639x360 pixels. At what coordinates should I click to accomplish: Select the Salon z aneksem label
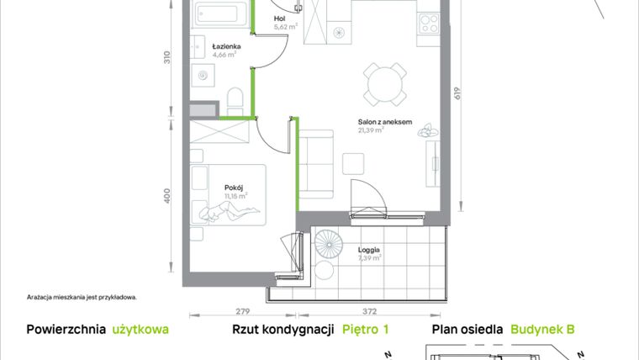[384, 122]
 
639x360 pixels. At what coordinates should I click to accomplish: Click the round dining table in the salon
[383, 82]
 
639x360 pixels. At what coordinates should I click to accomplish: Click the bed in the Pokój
[229, 196]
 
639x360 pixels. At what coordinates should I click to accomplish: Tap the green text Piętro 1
[366, 331]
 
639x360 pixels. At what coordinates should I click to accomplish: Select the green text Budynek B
[542, 331]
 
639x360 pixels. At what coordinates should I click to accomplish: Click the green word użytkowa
[140, 331]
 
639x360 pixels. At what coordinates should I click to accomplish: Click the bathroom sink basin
[203, 76]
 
